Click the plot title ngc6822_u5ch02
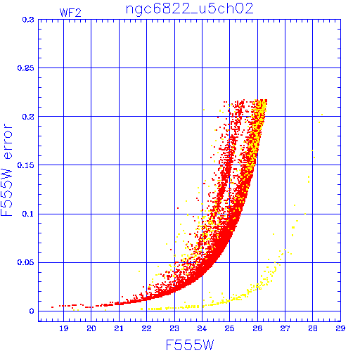[x=190, y=9]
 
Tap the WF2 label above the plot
[x=70, y=13]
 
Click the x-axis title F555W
[x=190, y=345]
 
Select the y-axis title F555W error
[x=6, y=169]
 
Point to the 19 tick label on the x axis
[x=63, y=328]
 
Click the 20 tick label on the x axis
[x=91, y=328]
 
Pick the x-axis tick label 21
[x=119, y=328]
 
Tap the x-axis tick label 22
[x=146, y=328]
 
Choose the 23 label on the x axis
[x=174, y=328]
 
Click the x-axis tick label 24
[x=202, y=328]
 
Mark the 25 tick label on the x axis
[x=230, y=328]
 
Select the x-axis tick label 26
[x=257, y=328]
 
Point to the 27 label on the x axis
[x=285, y=328]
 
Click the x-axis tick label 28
[x=313, y=328]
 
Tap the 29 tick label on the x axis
[x=340, y=328]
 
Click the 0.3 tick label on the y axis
[x=28, y=20]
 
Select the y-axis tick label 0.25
[x=26, y=68]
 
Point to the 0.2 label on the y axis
[x=28, y=117]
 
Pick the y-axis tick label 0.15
[x=26, y=165]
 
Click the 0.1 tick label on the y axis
[x=28, y=214]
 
